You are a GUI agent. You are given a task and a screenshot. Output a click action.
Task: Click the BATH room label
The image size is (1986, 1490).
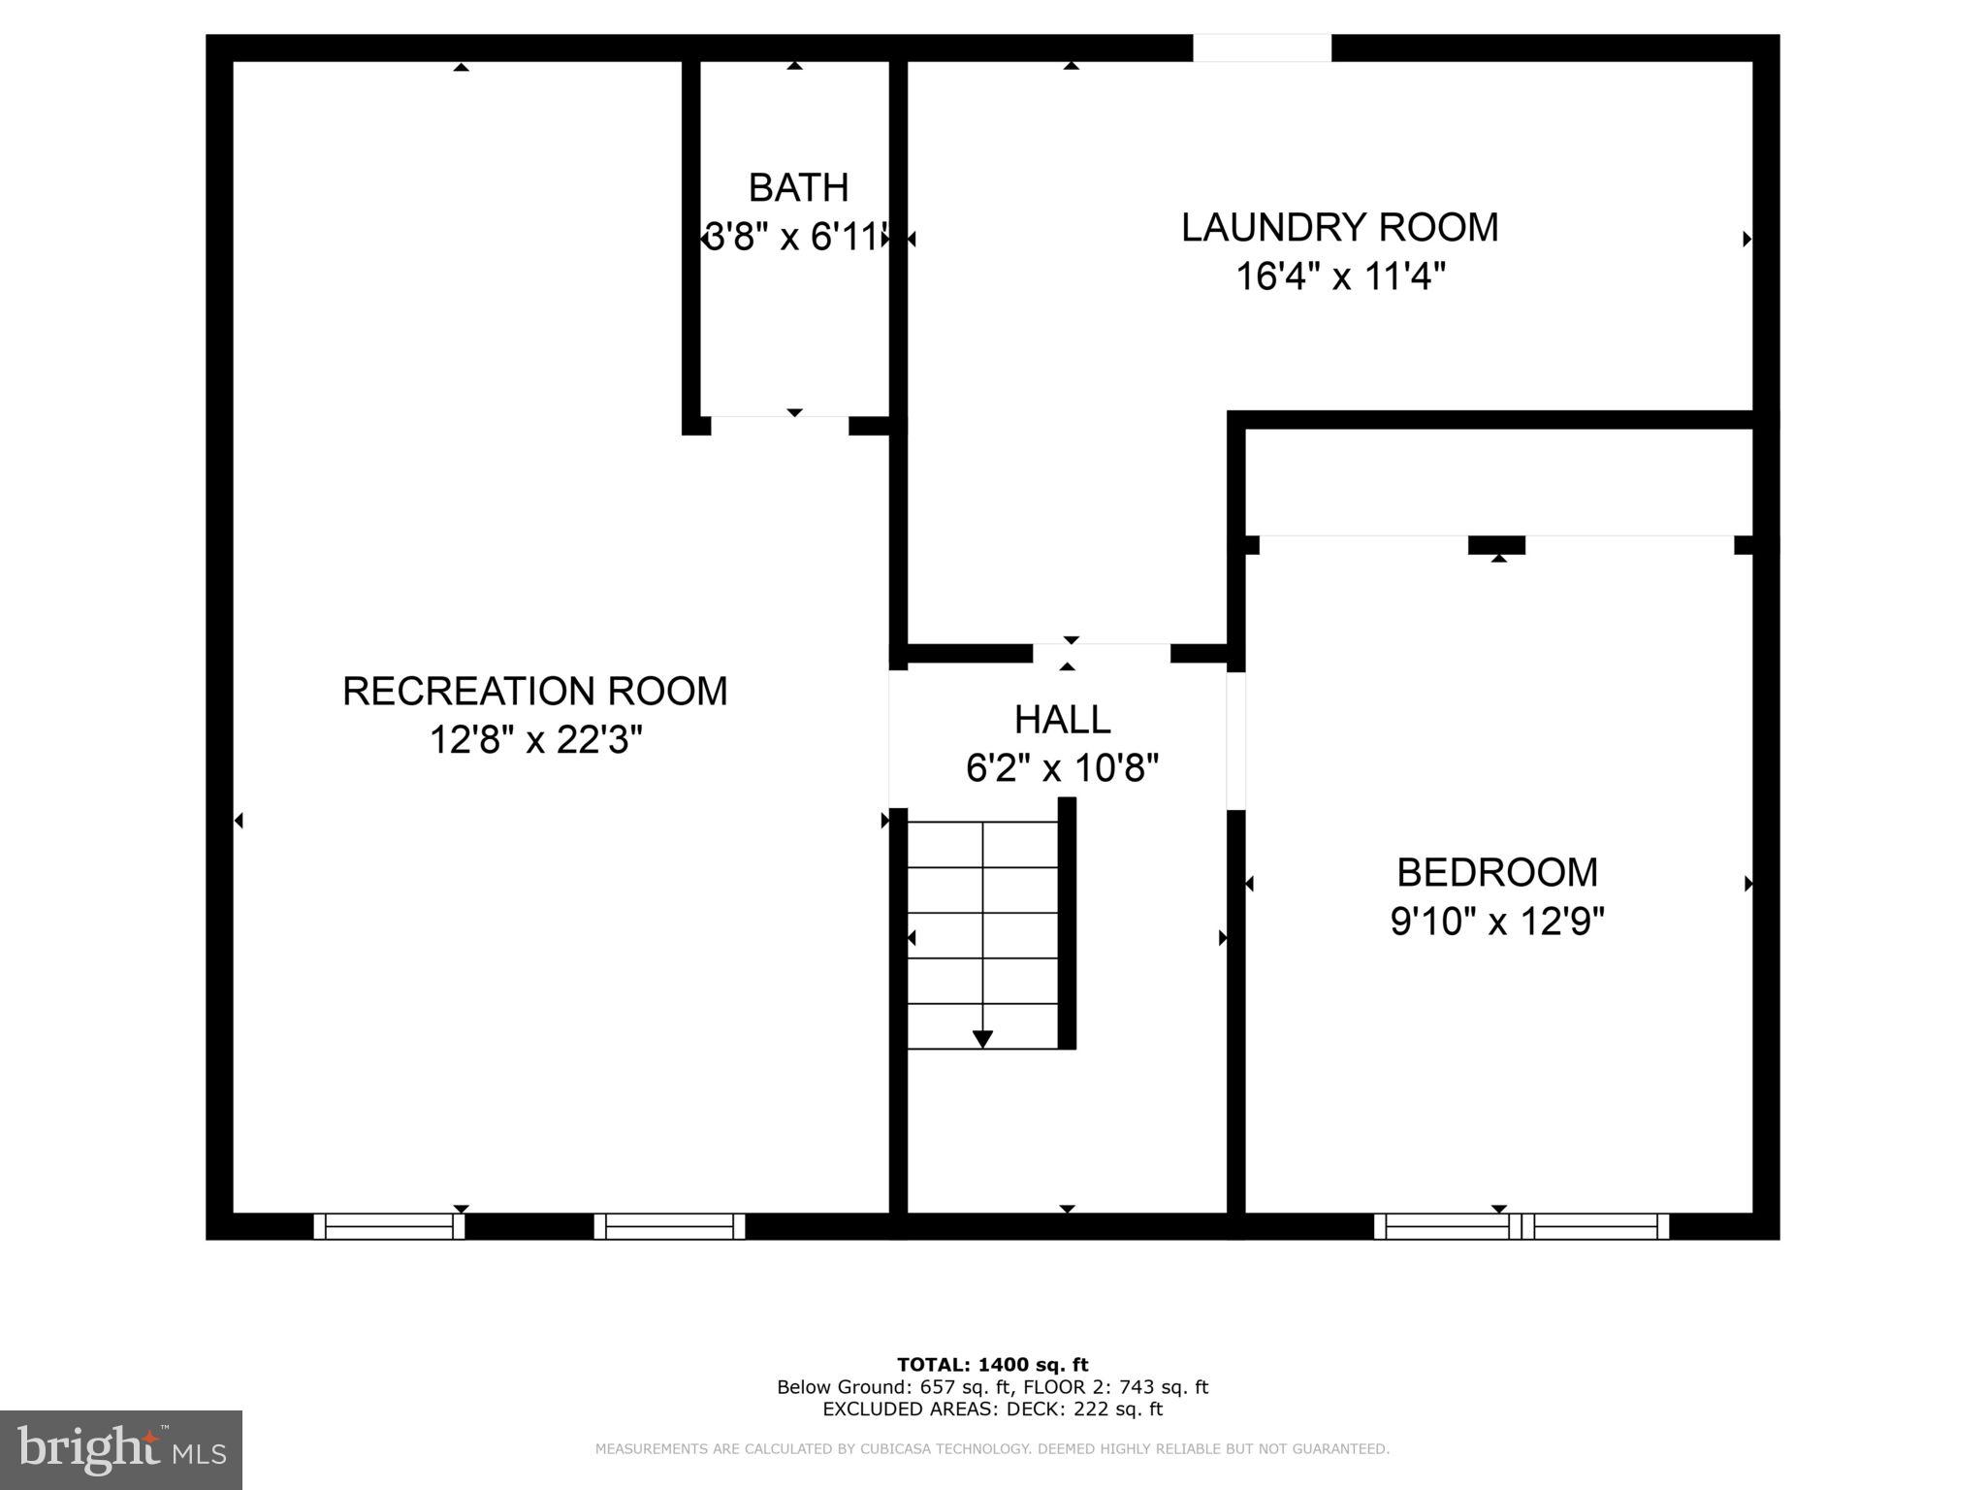(798, 187)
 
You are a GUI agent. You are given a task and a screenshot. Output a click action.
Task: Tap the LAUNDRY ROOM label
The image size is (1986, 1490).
(1339, 228)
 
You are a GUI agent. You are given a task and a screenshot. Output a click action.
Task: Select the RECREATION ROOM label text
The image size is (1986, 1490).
(534, 692)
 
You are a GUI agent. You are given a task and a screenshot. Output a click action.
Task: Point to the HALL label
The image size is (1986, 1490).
(1062, 720)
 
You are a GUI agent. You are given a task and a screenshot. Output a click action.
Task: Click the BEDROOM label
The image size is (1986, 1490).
(1496, 873)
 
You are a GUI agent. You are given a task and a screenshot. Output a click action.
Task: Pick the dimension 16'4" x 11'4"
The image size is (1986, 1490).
(1339, 277)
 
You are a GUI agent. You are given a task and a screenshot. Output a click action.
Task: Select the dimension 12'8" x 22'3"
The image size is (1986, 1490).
(535, 741)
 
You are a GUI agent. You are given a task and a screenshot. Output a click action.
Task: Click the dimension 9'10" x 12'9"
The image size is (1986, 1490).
(1496, 922)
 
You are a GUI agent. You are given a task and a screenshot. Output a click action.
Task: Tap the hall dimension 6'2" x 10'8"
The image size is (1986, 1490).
(1062, 769)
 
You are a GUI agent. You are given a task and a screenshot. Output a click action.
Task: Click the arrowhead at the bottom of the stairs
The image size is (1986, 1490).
(982, 1039)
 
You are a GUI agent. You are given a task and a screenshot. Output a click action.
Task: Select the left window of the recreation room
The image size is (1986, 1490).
(389, 1226)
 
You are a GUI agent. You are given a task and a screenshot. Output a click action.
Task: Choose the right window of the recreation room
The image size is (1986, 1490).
(669, 1226)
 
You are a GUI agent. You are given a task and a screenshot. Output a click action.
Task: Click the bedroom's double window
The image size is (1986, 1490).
(1522, 1226)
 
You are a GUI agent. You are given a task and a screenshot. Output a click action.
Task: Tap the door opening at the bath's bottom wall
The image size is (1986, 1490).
(780, 425)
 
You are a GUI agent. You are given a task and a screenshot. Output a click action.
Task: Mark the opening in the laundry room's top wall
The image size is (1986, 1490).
(1262, 48)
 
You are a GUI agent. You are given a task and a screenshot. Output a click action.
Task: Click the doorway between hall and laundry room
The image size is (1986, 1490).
(1101, 653)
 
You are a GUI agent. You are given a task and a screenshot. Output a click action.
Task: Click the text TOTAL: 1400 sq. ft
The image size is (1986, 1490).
(992, 1365)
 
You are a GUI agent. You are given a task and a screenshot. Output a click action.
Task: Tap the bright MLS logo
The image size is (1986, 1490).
(121, 1449)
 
